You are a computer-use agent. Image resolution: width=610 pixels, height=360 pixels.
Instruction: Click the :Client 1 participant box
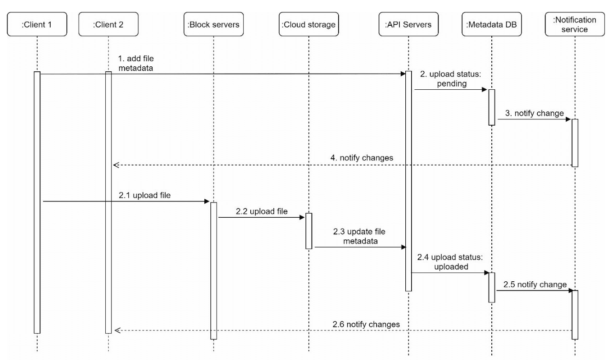click(x=37, y=24)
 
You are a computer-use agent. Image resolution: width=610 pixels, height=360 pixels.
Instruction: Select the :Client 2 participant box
click(x=109, y=24)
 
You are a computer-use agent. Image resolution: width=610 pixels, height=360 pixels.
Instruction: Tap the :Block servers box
click(x=213, y=24)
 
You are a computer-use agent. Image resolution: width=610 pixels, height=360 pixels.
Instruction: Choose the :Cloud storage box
click(x=309, y=24)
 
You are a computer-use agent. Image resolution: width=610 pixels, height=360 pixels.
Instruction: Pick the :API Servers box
click(x=409, y=24)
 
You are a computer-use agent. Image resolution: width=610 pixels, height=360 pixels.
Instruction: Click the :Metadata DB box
click(x=492, y=24)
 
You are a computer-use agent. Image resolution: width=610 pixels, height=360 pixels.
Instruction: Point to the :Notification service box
click(x=575, y=24)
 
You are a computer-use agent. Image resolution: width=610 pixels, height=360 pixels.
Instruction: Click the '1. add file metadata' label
click(x=136, y=63)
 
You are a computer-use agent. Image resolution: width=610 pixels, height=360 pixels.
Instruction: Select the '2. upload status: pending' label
click(x=451, y=79)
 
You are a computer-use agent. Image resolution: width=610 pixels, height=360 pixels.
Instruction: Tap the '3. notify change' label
click(x=535, y=113)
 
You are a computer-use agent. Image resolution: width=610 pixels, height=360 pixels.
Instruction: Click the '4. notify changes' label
click(x=362, y=158)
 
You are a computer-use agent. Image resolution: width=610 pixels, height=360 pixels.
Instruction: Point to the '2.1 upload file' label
click(x=144, y=195)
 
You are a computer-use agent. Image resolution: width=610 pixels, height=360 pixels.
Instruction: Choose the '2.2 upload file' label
click(x=262, y=211)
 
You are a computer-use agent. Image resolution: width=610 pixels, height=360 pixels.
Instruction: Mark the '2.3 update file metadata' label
click(x=359, y=236)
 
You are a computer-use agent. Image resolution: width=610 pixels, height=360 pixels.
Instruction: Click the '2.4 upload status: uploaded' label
click(x=450, y=262)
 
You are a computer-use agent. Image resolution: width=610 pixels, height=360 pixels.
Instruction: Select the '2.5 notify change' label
click(x=535, y=285)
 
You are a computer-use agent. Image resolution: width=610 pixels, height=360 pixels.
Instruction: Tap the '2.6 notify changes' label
click(x=366, y=324)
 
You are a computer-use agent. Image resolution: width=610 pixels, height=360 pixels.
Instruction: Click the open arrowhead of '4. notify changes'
click(x=116, y=165)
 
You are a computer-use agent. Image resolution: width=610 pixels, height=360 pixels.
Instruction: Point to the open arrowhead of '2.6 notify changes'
click(x=117, y=330)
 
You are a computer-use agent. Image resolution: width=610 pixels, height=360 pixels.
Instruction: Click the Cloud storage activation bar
click(x=309, y=231)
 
